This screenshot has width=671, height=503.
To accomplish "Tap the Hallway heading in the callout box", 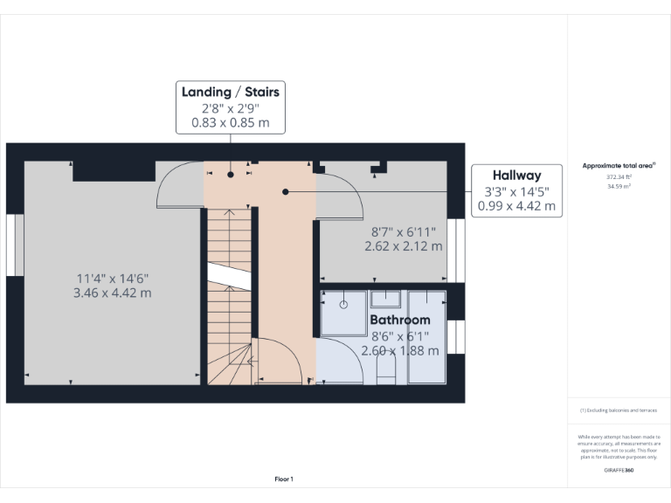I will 515,176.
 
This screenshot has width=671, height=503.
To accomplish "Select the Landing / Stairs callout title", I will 231,92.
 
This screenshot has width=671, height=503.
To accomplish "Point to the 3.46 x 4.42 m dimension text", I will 113,293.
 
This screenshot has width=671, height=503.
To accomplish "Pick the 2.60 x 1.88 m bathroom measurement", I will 400,350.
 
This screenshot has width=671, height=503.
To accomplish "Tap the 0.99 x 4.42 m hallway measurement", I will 515,206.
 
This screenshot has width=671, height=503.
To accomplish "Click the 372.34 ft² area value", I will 619,176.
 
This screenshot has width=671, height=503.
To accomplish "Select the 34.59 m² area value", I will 619,186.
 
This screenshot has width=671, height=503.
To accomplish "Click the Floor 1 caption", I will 284,479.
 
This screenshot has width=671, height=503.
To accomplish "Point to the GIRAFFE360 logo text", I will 619,471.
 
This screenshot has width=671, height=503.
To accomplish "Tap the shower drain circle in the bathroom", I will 343,305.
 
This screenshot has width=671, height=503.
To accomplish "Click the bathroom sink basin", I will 385,300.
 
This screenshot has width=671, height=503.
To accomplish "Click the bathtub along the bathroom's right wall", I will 427,337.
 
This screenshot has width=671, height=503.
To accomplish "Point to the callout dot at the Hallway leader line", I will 285,191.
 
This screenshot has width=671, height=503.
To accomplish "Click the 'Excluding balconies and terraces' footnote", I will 619,410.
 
